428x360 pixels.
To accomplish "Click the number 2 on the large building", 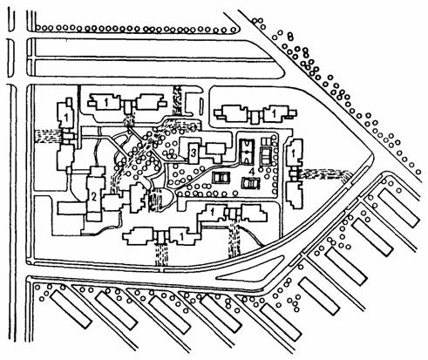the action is coord(93,197).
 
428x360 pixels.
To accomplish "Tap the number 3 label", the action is coord(194,153).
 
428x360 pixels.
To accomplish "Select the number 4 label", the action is coord(252,172).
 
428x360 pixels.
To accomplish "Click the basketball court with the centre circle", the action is coord(247,151).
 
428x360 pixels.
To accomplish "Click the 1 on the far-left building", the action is coord(66,118).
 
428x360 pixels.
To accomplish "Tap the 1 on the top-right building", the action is coord(274,113).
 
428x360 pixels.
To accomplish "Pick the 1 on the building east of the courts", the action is coord(293,153).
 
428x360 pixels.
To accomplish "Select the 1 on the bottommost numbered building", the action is coord(182,237).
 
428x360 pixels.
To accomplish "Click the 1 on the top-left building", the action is coord(106,102).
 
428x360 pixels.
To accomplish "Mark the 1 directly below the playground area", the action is coord(213,212).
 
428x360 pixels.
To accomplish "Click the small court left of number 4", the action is coord(221,177).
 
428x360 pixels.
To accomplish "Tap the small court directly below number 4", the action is coord(251,183).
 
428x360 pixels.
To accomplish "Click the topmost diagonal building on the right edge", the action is coord(398,207).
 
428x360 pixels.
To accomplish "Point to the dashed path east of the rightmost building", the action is coord(325,175).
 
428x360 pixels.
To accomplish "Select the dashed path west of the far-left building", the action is coord(48,136).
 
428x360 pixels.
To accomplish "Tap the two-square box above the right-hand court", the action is coord(266,141).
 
